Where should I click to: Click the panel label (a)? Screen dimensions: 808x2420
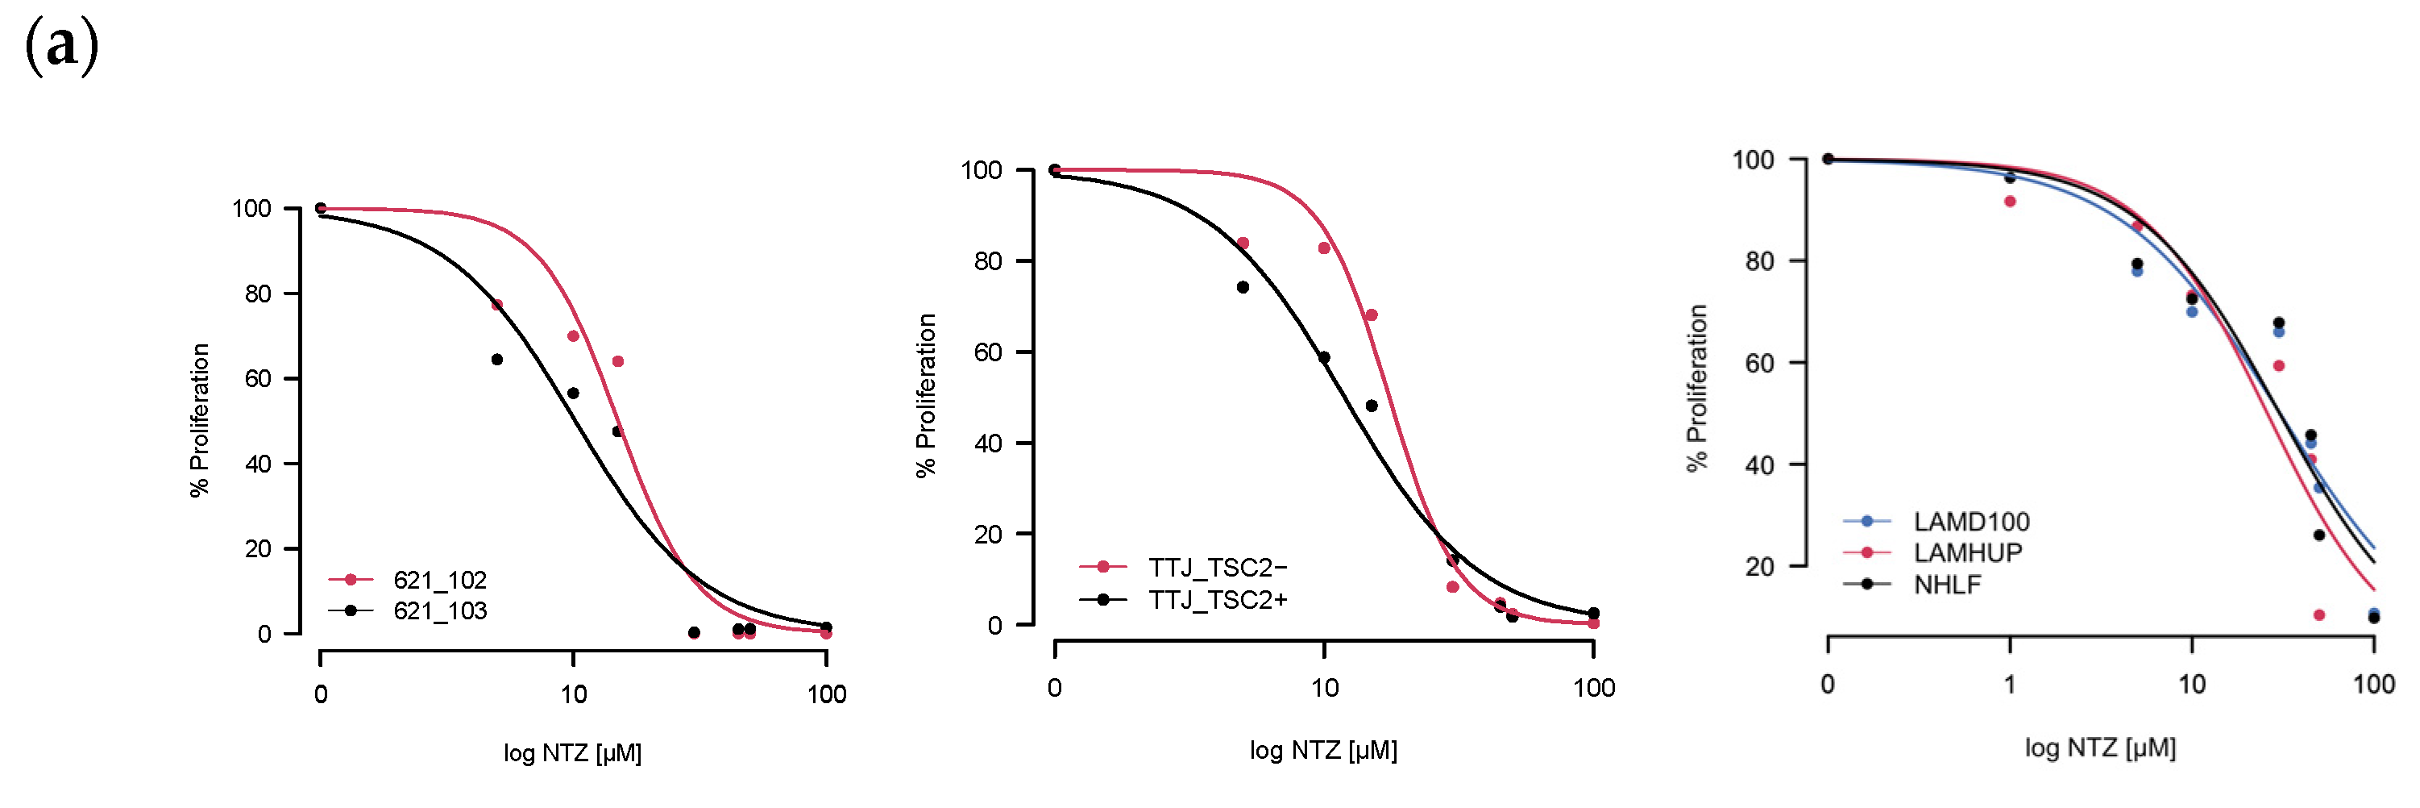pos(61,45)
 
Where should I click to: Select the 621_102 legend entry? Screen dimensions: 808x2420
pos(438,580)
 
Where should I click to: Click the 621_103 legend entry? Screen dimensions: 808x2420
pos(438,610)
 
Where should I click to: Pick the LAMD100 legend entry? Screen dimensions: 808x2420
pos(1970,522)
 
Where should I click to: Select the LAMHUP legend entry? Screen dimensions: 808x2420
pos(1966,552)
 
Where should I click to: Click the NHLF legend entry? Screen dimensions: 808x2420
pos(1946,585)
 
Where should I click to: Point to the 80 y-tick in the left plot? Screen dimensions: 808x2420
pos(257,294)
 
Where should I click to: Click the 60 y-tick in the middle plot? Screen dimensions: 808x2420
pos(987,352)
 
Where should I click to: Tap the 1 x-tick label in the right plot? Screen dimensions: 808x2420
pos(2010,684)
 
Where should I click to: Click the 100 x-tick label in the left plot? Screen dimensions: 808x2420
pos(827,694)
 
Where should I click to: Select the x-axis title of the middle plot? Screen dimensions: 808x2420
pos(1322,750)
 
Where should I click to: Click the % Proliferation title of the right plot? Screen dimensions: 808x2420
pos(1696,387)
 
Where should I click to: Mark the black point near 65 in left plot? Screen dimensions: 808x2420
pos(497,360)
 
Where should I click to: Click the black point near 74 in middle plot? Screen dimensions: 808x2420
pos(1243,288)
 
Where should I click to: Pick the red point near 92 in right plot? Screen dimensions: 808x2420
pos(2010,201)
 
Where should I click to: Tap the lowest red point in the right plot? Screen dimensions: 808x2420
pos(2319,615)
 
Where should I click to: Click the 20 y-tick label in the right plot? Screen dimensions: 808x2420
pos(1758,567)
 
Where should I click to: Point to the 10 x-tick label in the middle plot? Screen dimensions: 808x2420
pos(1324,688)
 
